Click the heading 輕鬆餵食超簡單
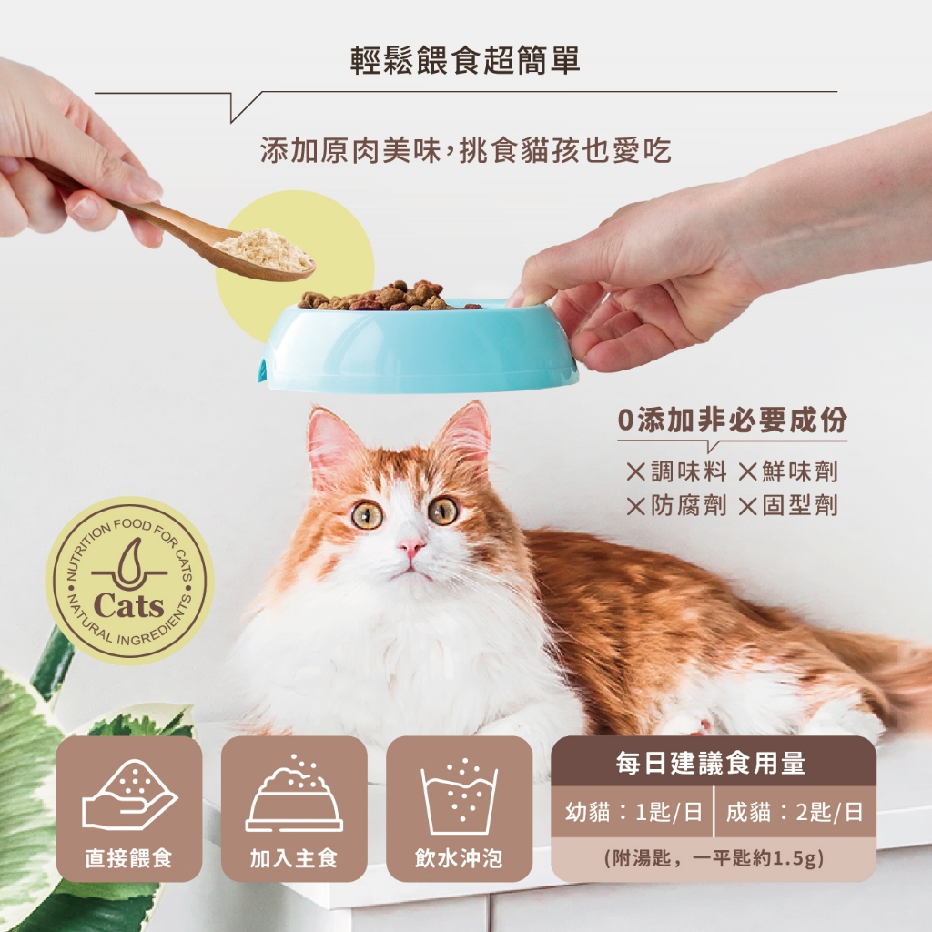click(x=465, y=60)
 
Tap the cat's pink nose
click(x=410, y=546)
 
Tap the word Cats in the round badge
click(x=128, y=605)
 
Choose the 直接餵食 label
click(x=128, y=857)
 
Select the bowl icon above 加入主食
click(x=294, y=795)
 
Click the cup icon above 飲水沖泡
click(x=459, y=796)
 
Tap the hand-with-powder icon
click(x=129, y=795)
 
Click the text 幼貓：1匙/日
click(x=634, y=812)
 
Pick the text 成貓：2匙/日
click(x=794, y=812)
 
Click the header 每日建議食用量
click(x=711, y=764)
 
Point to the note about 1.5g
click(x=714, y=858)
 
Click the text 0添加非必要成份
click(x=733, y=420)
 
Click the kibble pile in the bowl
click(x=386, y=296)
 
